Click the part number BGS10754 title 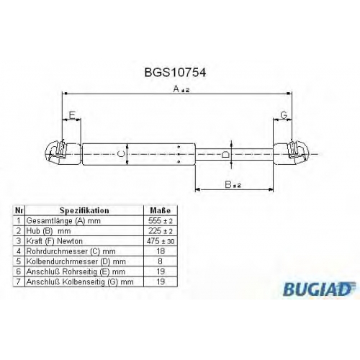175,72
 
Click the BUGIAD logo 319,289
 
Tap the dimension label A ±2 181,89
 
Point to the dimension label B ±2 233,185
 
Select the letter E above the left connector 72,115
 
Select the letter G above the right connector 284,115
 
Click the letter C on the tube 122,154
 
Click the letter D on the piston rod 225,154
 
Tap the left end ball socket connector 63,153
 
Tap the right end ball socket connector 291,153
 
